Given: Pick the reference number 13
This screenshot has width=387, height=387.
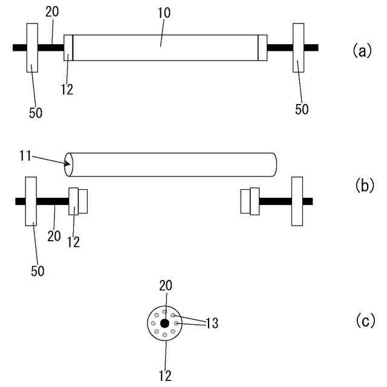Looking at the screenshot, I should point(211,324).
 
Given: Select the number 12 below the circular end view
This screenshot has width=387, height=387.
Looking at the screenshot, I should point(164,375).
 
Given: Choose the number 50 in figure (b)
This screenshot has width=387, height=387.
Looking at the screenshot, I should point(37,269).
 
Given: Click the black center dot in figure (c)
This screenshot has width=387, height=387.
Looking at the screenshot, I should point(164,323).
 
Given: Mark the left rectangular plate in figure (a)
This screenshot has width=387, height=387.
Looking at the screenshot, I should point(32,47).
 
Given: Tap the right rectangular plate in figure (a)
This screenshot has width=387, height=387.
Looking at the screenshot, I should point(298,47).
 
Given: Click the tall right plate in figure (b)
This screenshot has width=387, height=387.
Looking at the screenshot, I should point(296,201).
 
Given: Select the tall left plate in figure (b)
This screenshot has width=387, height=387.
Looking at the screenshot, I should point(31,201).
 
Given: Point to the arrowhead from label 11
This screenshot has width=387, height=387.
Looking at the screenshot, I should point(68,163).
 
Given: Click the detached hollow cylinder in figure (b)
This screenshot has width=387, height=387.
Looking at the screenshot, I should point(172,164).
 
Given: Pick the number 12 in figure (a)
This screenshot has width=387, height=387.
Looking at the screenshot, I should point(67,89).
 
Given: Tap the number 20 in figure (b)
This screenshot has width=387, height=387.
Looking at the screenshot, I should point(54,235).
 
